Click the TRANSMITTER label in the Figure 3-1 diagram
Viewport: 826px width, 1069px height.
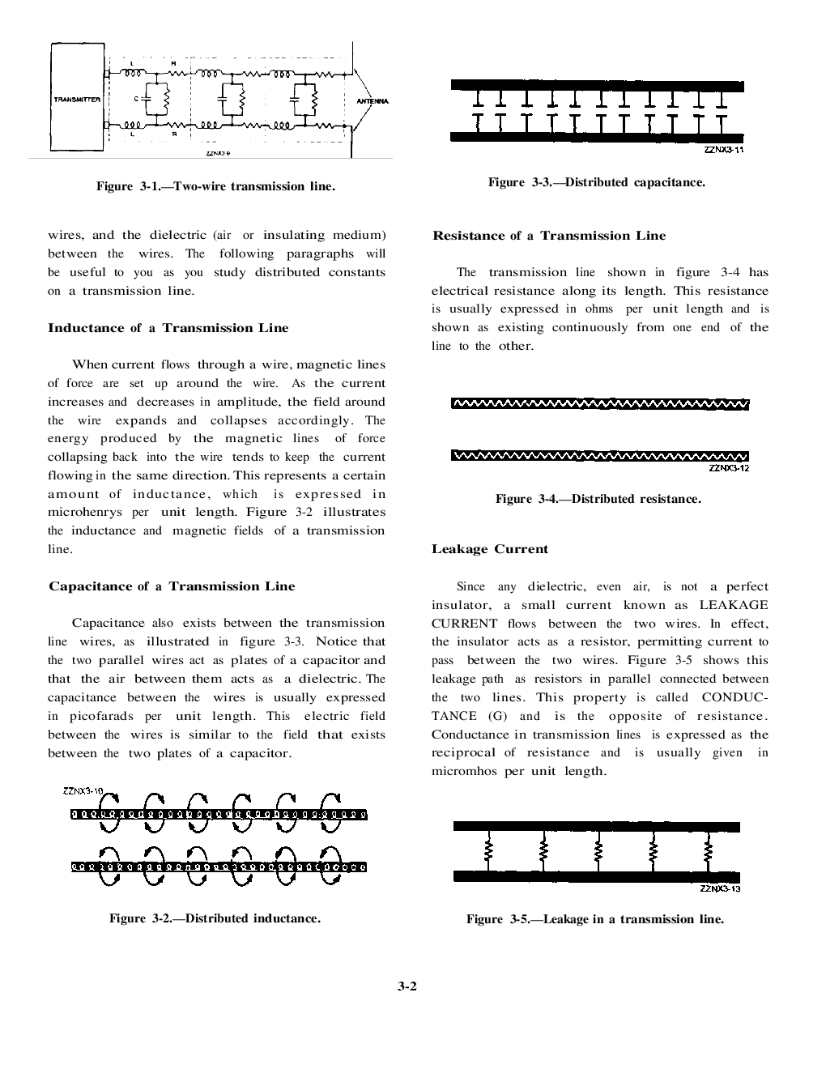pyautogui.click(x=77, y=100)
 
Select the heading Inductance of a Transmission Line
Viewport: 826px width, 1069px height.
pyautogui.click(x=168, y=328)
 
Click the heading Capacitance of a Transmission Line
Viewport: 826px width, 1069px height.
pyautogui.click(x=172, y=586)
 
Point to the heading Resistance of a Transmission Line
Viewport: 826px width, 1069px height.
pyautogui.click(x=548, y=236)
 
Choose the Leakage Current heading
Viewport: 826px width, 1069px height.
pyautogui.click(x=489, y=549)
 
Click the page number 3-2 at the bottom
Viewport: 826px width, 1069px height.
pyautogui.click(x=407, y=986)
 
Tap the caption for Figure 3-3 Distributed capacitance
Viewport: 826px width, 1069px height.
pyautogui.click(x=596, y=182)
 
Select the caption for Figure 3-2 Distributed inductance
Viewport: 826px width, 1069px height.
pyautogui.click(x=215, y=918)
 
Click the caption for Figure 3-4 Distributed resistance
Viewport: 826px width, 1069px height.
pyautogui.click(x=598, y=499)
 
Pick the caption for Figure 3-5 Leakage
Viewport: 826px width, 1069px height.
pyautogui.click(x=594, y=919)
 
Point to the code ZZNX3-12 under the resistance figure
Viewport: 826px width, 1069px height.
pyautogui.click(x=728, y=468)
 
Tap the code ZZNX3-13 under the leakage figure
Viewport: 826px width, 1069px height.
pyautogui.click(x=720, y=888)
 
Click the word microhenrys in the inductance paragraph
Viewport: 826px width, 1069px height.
pyautogui.click(x=84, y=512)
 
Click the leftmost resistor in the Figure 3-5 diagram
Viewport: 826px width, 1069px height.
pyautogui.click(x=488, y=851)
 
